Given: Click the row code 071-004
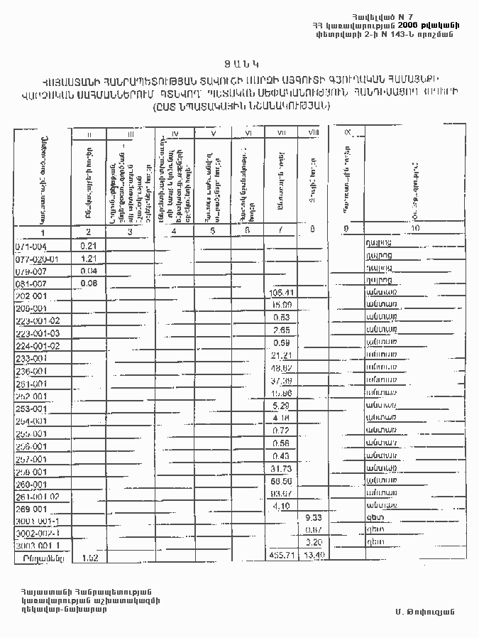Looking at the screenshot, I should click(x=31, y=246).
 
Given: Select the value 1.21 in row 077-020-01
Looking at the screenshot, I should click(x=89, y=259).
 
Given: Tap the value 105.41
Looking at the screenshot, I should click(x=282, y=293).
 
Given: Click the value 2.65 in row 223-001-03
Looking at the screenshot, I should click(x=282, y=331).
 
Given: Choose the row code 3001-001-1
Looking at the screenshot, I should click(x=40, y=520).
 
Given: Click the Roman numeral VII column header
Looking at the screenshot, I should click(x=281, y=133).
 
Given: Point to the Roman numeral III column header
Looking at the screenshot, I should click(x=130, y=134).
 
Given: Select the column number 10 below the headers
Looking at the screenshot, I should click(x=415, y=228).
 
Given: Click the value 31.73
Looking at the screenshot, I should click(x=282, y=469).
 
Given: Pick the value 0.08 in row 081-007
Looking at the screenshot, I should click(x=89, y=283).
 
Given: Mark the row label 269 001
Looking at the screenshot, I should click(x=31, y=509).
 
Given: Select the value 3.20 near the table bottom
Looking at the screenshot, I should click(x=314, y=543).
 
